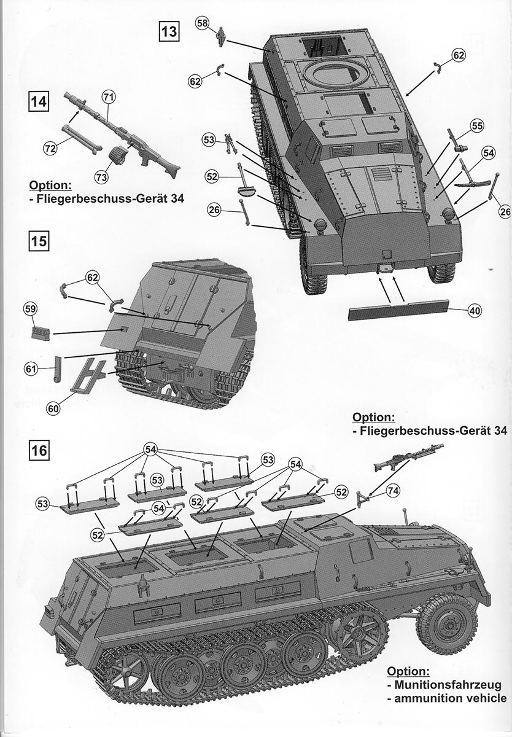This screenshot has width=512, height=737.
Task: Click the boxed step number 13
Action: pyautogui.click(x=168, y=30)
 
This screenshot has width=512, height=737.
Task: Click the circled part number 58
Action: pyautogui.click(x=203, y=23)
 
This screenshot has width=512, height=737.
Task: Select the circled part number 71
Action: pyautogui.click(x=109, y=97)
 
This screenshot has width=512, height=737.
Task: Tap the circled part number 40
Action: pyautogui.click(x=474, y=311)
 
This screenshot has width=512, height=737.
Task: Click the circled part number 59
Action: pyautogui.click(x=29, y=310)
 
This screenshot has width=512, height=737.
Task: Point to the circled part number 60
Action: pyautogui.click(x=53, y=407)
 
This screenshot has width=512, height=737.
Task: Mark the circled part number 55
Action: pyautogui.click(x=477, y=126)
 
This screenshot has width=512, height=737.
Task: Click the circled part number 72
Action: pyautogui.click(x=50, y=147)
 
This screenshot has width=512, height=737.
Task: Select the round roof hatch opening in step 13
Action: pyautogui.click(x=336, y=75)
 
